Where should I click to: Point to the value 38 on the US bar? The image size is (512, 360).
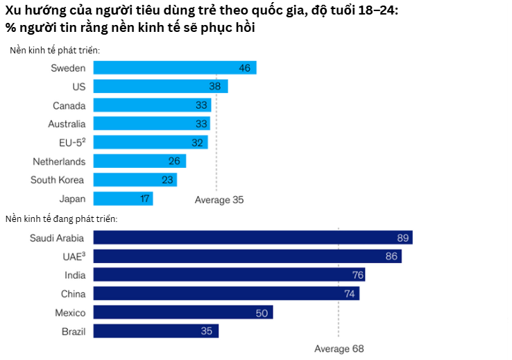point(215,87)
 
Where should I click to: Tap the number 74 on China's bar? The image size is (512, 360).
point(352,294)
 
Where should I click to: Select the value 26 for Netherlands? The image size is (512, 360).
point(173,162)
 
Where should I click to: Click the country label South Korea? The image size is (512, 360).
point(58,180)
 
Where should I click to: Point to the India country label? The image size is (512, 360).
point(74,275)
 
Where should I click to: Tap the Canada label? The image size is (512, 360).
point(69,105)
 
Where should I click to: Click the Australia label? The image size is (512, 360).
point(67,124)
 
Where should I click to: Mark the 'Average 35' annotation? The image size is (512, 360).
point(219,200)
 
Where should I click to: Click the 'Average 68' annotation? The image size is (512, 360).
point(339,348)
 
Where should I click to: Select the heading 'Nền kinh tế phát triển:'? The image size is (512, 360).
point(55,51)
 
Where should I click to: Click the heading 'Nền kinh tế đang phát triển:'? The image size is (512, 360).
point(61,218)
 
